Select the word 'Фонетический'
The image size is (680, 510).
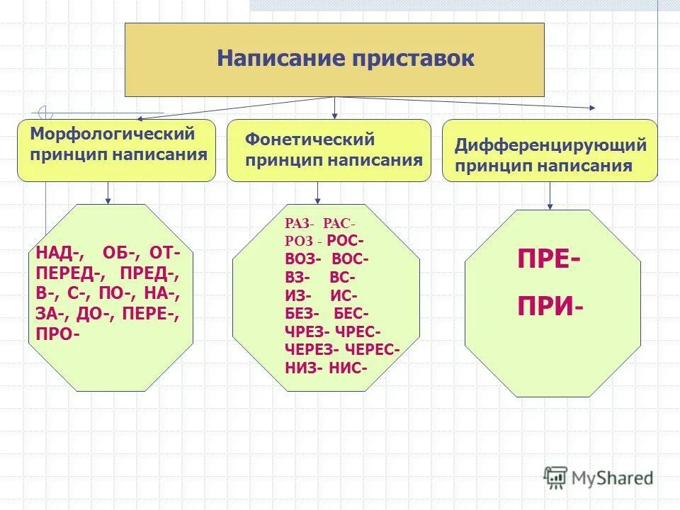[x=310, y=140]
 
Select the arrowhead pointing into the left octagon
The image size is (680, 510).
[x=108, y=199]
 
